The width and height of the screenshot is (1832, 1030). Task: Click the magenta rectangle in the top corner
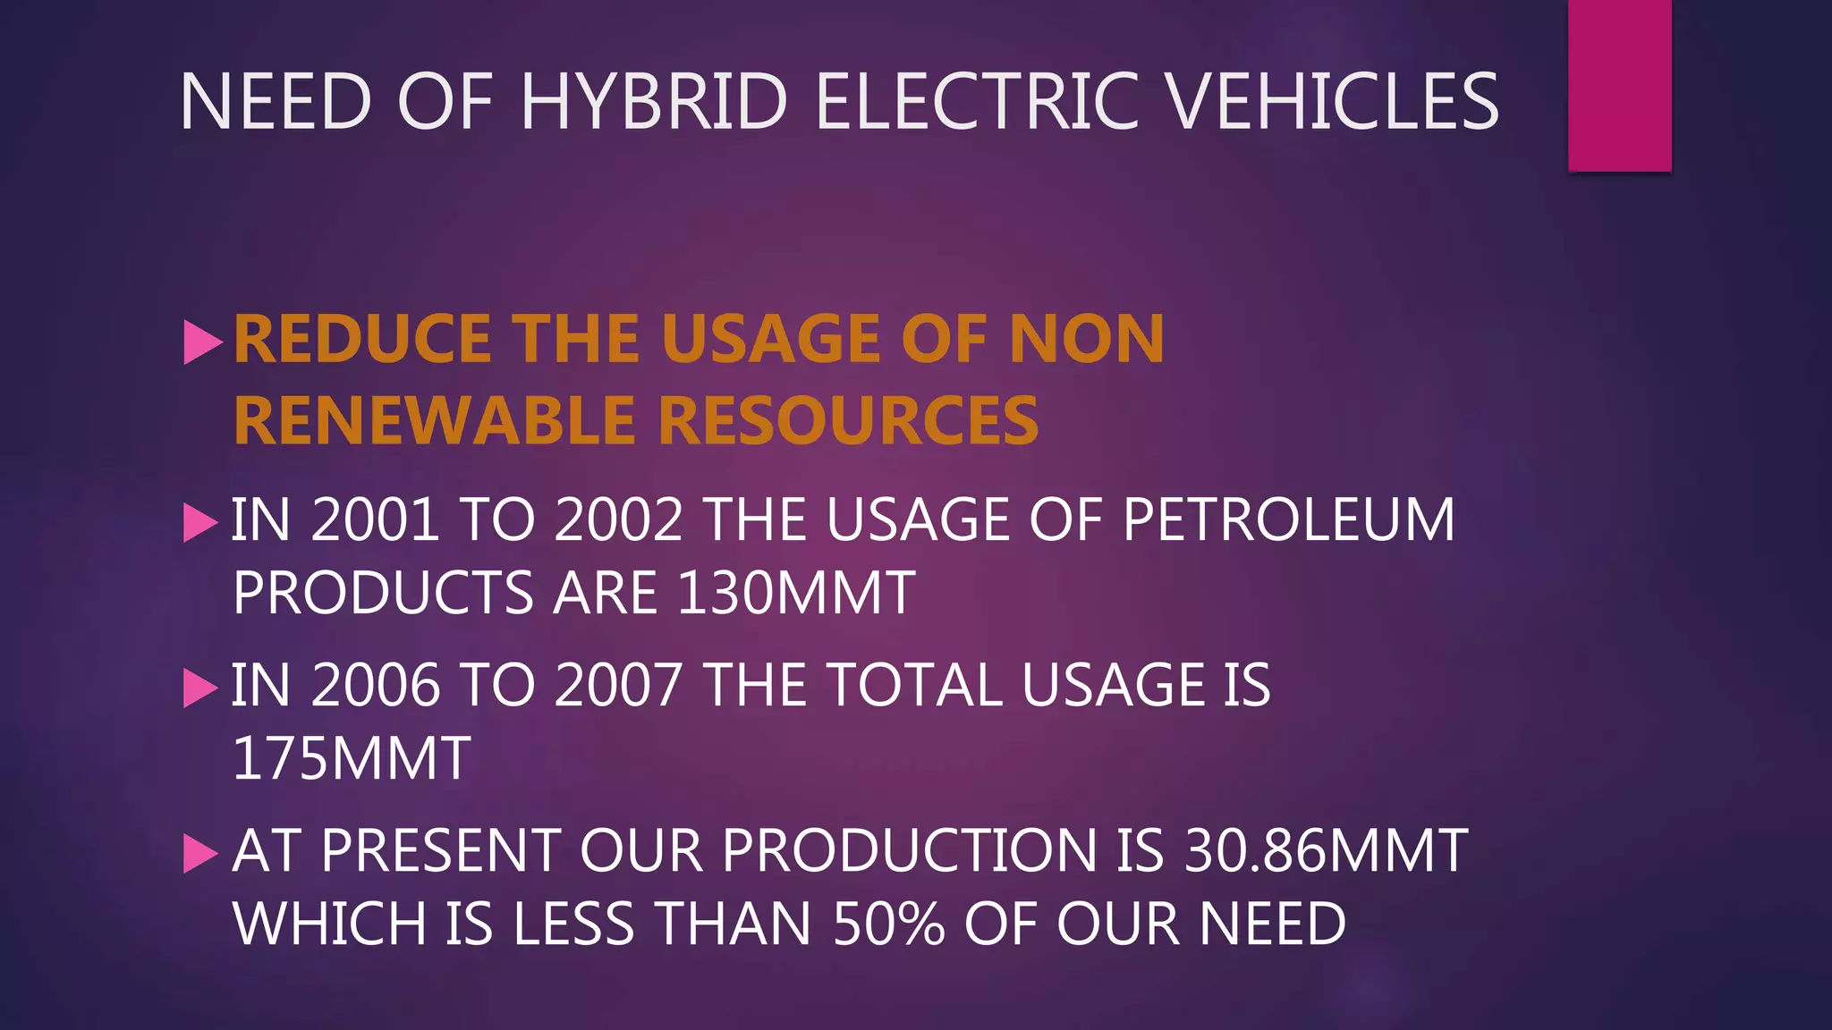click(x=1619, y=85)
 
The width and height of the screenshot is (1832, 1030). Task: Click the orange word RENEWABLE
click(x=437, y=420)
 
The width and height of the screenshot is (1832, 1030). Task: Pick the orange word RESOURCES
click(x=850, y=420)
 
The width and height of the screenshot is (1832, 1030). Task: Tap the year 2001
click(x=375, y=519)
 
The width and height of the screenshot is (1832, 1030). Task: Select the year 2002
click(x=619, y=519)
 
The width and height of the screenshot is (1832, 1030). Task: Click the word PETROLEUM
click(x=1288, y=519)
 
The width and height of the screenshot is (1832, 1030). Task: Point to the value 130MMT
click(x=796, y=593)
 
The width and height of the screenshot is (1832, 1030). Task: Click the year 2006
click(x=375, y=686)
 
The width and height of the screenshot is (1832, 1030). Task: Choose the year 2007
click(x=619, y=686)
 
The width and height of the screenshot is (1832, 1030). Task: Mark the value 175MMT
click(x=351, y=759)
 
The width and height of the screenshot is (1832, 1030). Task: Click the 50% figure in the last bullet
click(x=888, y=924)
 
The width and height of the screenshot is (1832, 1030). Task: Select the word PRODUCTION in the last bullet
click(x=909, y=850)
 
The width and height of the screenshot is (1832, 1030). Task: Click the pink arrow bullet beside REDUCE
click(x=201, y=342)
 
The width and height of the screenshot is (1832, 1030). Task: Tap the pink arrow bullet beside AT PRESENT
click(x=200, y=853)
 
